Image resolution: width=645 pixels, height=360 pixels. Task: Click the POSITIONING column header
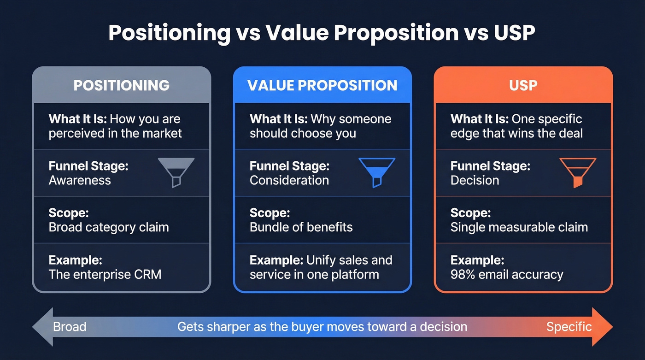point(122,85)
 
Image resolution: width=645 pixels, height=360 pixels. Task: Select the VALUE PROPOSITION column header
point(322,85)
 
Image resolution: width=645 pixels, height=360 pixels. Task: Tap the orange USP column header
point(523,85)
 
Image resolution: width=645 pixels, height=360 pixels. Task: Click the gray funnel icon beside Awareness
point(176,171)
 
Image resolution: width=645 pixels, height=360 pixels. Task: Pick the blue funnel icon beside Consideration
point(377,171)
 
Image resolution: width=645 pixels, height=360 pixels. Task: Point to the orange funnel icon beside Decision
point(578,171)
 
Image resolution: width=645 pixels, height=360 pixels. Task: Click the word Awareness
point(80,180)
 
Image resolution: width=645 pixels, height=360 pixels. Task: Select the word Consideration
point(289,180)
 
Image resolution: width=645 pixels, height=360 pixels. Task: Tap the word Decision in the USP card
point(475,180)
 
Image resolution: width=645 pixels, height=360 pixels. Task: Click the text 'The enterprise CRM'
point(105,275)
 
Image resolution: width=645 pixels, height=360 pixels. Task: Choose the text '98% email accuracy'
point(507,275)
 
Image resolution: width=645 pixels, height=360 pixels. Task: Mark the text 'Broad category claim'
point(109,227)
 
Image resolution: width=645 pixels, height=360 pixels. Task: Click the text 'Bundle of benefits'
point(301,227)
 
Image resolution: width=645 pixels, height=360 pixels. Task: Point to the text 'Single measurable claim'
point(519,227)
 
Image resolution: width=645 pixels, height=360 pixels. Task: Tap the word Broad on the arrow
point(70,327)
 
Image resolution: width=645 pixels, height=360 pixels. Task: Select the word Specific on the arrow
point(569,327)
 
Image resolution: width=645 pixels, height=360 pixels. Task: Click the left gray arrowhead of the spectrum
point(41,327)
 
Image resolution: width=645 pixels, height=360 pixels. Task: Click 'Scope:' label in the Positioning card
point(68,213)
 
